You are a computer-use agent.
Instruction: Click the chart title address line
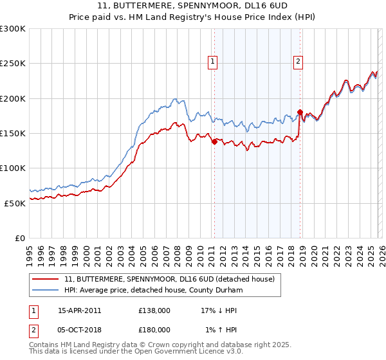pos(193,6)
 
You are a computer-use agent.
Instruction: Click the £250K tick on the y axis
pos(13,64)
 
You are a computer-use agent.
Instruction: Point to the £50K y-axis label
pos(15,203)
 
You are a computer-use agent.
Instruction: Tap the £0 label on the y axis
pos(20,238)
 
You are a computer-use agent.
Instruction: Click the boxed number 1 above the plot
pos(213,62)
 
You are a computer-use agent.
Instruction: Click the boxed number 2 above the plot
pos(299,62)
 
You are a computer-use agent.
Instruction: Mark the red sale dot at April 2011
pos(214,142)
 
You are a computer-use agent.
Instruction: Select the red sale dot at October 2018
pos(300,113)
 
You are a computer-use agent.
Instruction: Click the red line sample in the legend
pos(46,279)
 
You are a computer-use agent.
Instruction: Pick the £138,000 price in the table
pos(154,310)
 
